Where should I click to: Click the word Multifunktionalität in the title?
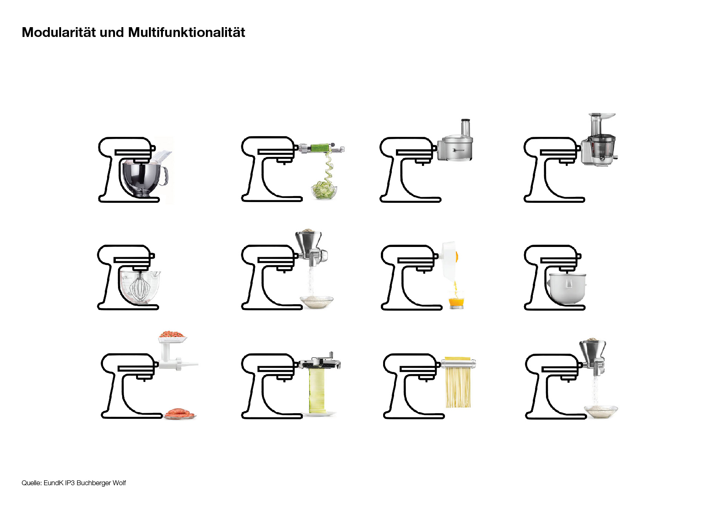187,32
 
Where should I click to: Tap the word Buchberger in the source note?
94,483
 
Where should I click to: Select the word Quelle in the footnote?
31,483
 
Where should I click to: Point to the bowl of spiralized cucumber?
324,192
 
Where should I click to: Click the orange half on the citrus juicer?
456,257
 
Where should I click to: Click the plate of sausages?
180,413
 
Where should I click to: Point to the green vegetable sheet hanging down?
317,390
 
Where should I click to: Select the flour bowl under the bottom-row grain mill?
601,411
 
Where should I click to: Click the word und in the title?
112,32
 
